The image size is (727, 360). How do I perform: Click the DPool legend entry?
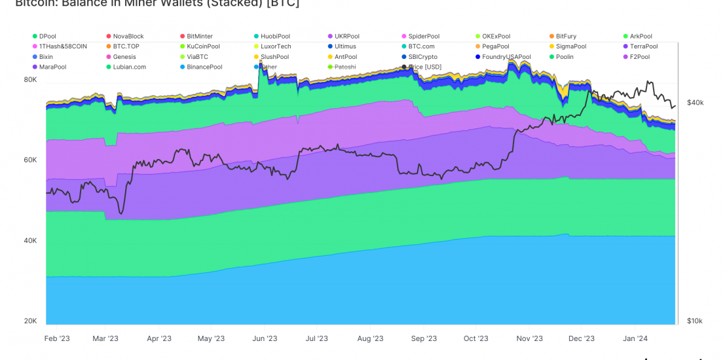pyautogui.click(x=47, y=37)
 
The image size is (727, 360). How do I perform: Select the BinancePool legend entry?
pyautogui.click(x=204, y=67)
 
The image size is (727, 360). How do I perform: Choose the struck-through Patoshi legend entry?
pyautogui.click(x=345, y=67)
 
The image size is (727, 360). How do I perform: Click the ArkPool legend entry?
pyautogui.click(x=641, y=37)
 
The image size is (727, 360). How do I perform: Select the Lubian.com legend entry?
pyautogui.click(x=129, y=67)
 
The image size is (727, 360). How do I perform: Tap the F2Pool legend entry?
pyautogui.click(x=639, y=57)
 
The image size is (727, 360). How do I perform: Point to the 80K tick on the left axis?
pyautogui.click(x=30, y=79)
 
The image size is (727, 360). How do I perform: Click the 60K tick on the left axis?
pyautogui.click(x=30, y=160)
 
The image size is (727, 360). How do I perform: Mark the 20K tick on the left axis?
pyautogui.click(x=30, y=321)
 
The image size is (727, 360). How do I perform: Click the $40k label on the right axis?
pyautogui.click(x=695, y=103)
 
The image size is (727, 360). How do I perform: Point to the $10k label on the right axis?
pyautogui.click(x=695, y=321)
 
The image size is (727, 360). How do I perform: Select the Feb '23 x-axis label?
pyautogui.click(x=57, y=338)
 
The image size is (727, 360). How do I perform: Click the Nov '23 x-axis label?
pyautogui.click(x=529, y=338)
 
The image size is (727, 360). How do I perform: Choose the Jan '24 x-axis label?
pyautogui.click(x=635, y=338)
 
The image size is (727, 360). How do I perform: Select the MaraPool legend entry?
pyautogui.click(x=52, y=67)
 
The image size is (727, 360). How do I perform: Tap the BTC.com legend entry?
pyautogui.click(x=422, y=46)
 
